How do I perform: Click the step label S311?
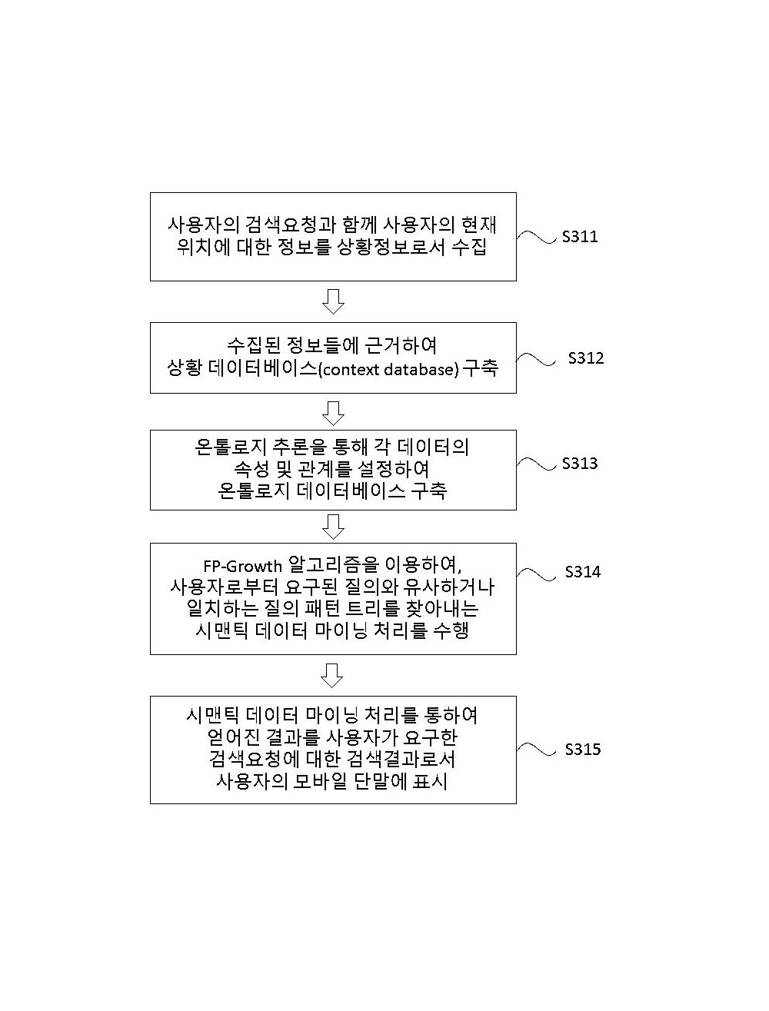tap(580, 237)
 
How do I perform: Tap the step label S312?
tap(586, 358)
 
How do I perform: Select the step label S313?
tap(580, 464)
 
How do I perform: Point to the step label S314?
tap(583, 572)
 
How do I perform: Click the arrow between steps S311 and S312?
tap(333, 301)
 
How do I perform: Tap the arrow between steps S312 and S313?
tap(333, 413)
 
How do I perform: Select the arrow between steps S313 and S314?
tap(333, 527)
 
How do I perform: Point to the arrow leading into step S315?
tap(332, 676)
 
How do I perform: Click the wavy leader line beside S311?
tap(537, 237)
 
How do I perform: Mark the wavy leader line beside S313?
tap(537, 464)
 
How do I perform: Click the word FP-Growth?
tap(242, 566)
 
